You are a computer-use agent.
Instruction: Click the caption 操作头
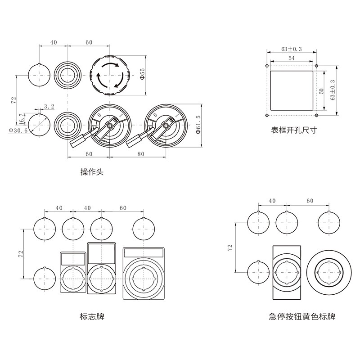[x=91, y=172]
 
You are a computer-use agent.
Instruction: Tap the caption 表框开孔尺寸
[x=293, y=130]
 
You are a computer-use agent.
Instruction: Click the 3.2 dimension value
[x=49, y=107]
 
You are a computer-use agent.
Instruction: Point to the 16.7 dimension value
[x=22, y=120]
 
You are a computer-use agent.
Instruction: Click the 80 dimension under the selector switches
[x=140, y=154]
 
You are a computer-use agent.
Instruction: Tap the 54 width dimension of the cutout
[x=291, y=58]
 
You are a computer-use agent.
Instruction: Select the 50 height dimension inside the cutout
[x=321, y=90]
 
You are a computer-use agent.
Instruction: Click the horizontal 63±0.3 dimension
[x=292, y=49]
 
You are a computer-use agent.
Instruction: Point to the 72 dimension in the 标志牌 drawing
[x=20, y=253]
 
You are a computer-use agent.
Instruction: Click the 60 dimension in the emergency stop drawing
[x=310, y=201]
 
